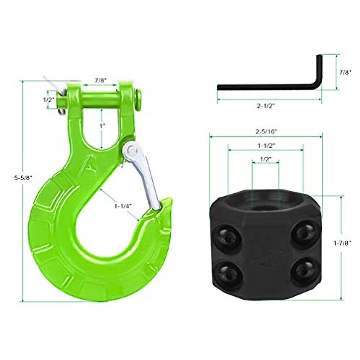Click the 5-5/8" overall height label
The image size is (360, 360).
23,178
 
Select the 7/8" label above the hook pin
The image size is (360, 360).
101,80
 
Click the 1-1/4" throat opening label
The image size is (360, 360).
123,206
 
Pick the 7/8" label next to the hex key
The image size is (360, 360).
345,72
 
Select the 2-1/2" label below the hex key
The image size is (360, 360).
266,106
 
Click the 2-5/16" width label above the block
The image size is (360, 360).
266,131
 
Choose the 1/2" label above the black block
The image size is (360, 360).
265,159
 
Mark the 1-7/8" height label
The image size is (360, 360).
342,244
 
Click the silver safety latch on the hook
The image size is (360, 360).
142,174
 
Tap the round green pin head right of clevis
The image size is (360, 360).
138,99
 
